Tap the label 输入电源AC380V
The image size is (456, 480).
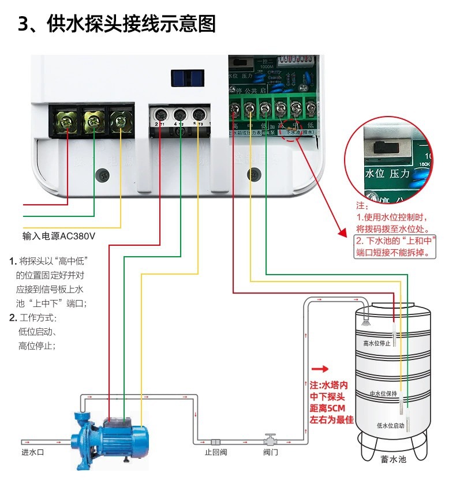coord(58,237)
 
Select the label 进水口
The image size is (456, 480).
coord(33,452)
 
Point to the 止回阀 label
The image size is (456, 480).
coord(216,452)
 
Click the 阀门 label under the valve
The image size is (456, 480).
coord(270,452)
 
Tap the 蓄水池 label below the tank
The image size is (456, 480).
coord(393,460)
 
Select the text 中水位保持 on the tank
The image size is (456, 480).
coord(383,393)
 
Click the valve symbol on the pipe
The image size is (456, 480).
coord(269,438)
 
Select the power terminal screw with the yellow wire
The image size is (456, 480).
coord(119,121)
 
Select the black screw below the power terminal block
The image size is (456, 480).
coord(104,174)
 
